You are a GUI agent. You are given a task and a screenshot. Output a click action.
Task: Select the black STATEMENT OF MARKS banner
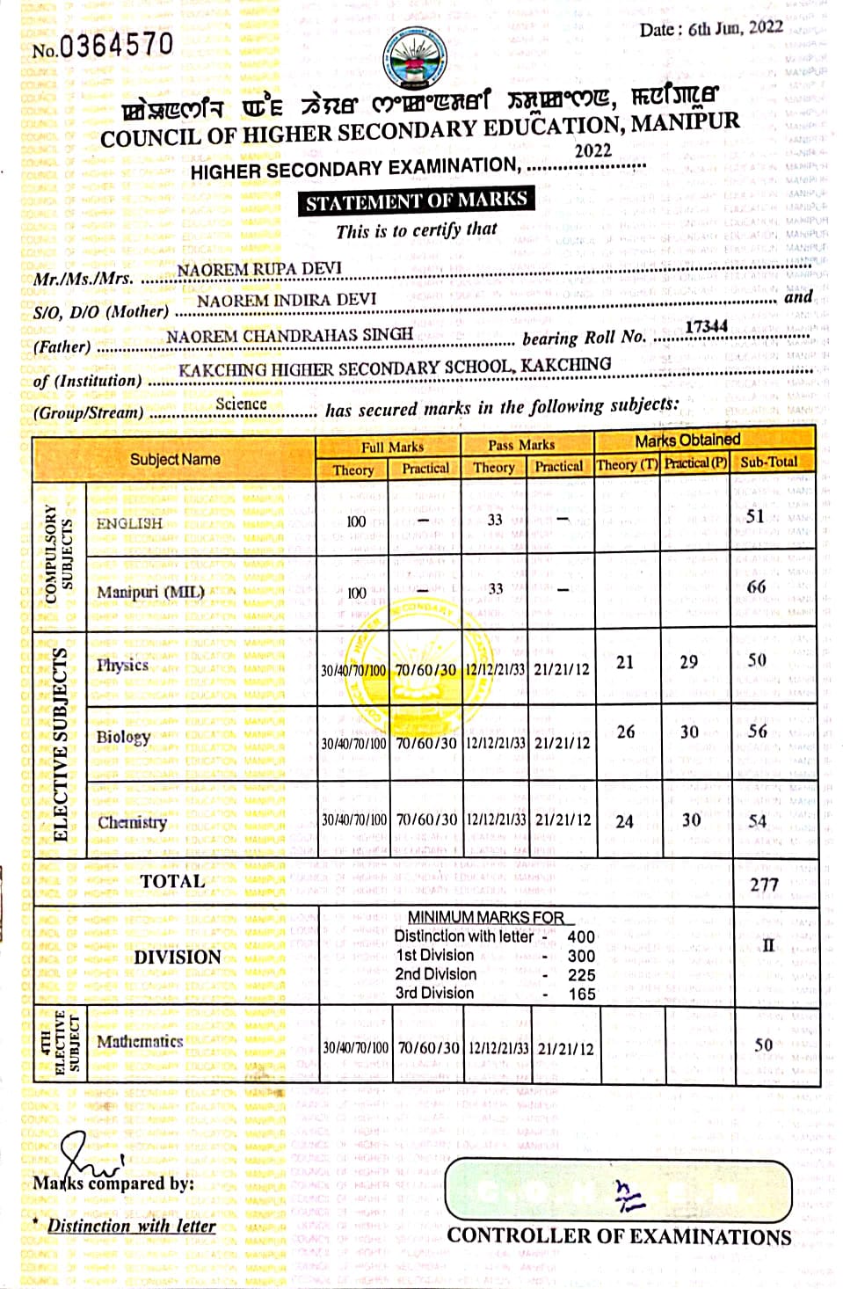coord(416,201)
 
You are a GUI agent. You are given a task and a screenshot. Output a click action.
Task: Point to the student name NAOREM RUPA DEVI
coord(259,268)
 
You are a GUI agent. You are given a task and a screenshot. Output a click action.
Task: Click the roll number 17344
coord(706,326)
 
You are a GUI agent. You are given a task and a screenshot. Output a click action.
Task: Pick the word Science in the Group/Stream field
coord(241,404)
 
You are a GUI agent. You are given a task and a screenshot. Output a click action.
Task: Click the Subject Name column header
coord(175,459)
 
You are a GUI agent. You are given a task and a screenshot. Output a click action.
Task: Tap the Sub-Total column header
coord(768,462)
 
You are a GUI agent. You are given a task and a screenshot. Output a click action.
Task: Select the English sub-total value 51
coord(755,516)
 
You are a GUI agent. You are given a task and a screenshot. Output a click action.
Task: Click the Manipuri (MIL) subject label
coord(150,592)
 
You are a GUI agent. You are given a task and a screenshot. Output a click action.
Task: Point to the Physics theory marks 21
coord(625,662)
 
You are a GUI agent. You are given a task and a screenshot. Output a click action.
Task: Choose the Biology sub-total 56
coord(757,732)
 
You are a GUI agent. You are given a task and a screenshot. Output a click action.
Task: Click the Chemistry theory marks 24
coord(624,821)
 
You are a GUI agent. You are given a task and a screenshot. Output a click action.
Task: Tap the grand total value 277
coord(764,884)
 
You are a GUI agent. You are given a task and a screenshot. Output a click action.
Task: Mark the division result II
coord(767,945)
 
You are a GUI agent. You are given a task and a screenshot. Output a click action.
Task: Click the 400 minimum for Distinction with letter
coord(581,936)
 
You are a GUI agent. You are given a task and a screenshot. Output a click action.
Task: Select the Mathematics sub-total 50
coord(763,1045)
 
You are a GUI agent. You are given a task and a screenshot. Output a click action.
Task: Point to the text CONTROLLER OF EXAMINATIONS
coord(619,1235)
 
